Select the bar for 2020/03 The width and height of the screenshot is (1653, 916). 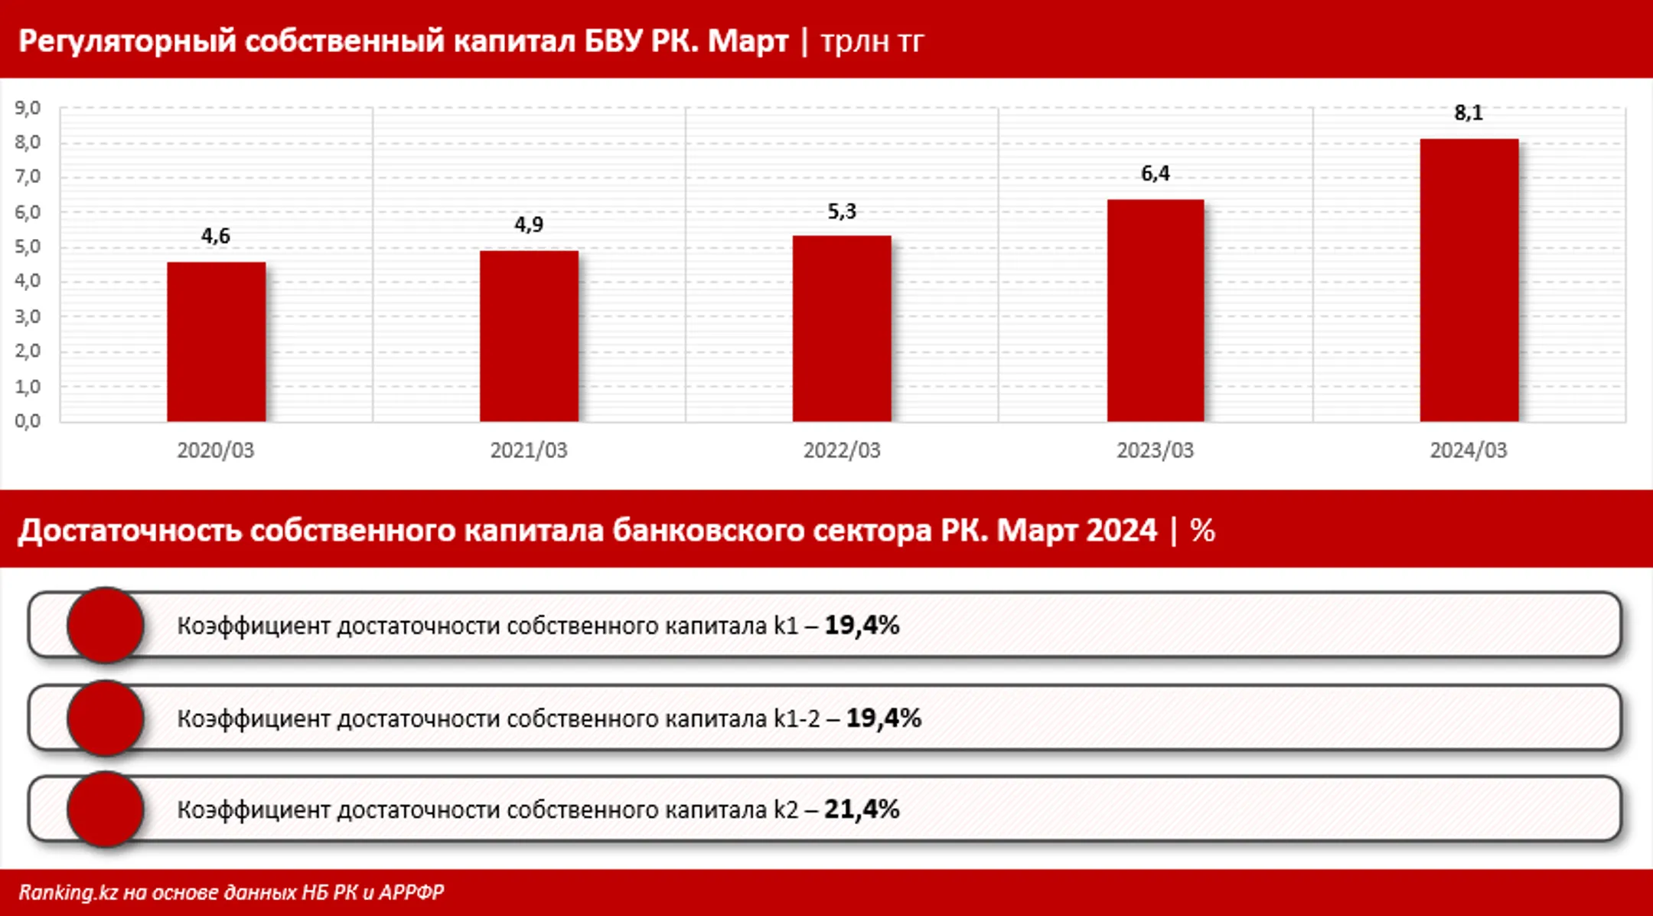(217, 342)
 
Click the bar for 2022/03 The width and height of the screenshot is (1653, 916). (842, 329)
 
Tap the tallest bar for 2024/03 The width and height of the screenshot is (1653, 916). (1469, 280)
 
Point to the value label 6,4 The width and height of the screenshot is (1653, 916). (1155, 174)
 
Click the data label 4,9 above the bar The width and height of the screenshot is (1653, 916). (529, 225)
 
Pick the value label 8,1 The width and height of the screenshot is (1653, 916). (1469, 113)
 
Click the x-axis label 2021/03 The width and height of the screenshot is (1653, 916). (529, 450)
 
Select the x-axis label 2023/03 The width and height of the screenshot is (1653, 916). (1155, 450)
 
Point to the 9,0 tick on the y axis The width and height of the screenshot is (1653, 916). (28, 108)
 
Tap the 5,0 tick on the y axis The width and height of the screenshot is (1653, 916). (28, 247)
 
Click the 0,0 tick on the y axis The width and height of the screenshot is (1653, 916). (28, 420)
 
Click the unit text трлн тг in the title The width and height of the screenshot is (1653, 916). (872, 41)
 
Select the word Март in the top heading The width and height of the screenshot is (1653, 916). (748, 41)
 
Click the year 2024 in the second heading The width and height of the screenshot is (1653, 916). (1121, 530)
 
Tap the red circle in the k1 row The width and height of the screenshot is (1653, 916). (106, 625)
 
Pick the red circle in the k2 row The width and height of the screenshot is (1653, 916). (106, 810)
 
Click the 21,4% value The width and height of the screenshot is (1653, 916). (862, 810)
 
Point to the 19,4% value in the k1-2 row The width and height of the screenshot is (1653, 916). (883, 718)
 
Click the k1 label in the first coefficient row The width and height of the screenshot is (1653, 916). (786, 626)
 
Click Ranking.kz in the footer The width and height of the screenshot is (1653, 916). (68, 892)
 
